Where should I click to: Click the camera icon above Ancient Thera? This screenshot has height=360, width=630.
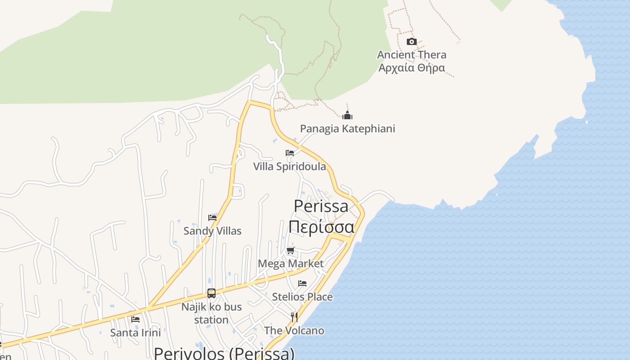[x=411, y=42]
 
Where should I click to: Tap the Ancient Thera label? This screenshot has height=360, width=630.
[x=412, y=55]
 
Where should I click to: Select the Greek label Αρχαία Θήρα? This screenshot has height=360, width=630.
[x=412, y=68]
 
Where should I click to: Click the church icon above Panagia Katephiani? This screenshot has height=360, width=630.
[x=347, y=115]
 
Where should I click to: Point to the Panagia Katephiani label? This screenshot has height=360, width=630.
[x=347, y=129]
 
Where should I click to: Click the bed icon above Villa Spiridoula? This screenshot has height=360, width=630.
[x=290, y=153]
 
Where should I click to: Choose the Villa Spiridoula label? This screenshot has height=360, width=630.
[x=289, y=166]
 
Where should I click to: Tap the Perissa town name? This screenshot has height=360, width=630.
[x=321, y=206]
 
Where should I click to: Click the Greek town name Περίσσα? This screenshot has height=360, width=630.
[x=321, y=226]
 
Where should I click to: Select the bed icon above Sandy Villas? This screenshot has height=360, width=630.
[x=212, y=218]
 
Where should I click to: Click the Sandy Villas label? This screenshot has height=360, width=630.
[x=212, y=231]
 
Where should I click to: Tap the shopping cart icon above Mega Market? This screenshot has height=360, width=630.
[x=291, y=251]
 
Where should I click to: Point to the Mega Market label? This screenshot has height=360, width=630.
[x=291, y=263]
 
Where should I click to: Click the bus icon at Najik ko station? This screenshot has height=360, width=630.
[x=211, y=293]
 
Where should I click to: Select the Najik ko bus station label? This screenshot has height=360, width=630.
[x=211, y=313]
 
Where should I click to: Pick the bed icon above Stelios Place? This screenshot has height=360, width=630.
[x=302, y=283]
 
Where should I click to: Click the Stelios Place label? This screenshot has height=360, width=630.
[x=302, y=297]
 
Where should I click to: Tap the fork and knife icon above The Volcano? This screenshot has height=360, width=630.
[x=294, y=317]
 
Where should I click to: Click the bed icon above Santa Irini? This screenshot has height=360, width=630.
[x=135, y=319]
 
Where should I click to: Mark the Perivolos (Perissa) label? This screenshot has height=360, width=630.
[x=224, y=353]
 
